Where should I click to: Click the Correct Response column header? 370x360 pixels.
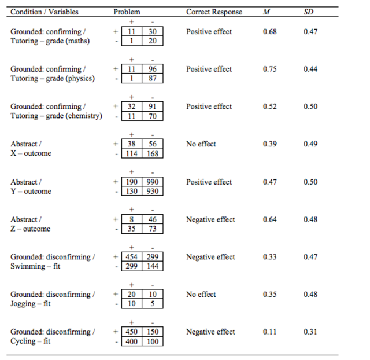click(214, 12)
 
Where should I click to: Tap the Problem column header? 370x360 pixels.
click(127, 12)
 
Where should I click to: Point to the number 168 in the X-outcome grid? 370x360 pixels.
click(153, 154)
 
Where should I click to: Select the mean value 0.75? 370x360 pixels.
click(269, 69)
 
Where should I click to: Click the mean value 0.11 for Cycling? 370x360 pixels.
click(269, 332)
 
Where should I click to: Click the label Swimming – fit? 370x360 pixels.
click(35, 267)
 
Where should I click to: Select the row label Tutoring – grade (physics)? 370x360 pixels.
click(52, 79)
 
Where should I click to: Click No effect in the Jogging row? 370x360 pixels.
click(201, 295)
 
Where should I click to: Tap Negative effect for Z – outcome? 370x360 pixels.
click(210, 220)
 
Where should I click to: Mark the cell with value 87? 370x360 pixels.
click(153, 79)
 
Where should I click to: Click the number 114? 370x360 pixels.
click(132, 154)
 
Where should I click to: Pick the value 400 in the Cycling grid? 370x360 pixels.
click(132, 342)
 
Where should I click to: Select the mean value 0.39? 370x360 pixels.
click(269, 144)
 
